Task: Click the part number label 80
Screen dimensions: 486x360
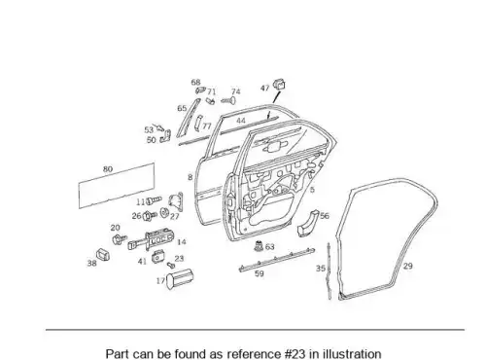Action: [108, 169]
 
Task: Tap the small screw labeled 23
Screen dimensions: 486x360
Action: [171, 266]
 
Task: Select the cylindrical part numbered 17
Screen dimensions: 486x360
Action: [180, 278]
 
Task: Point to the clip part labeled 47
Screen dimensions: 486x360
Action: [279, 84]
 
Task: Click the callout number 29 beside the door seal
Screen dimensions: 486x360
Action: [408, 266]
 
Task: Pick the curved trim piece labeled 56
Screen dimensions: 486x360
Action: [307, 223]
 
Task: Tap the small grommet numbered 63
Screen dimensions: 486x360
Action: [259, 246]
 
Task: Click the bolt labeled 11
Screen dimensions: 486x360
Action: [154, 200]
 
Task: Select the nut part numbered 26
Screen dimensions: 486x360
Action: [150, 215]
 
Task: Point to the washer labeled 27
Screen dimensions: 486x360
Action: [164, 212]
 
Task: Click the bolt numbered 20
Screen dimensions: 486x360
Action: [120, 239]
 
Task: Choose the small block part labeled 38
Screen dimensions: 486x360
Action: [103, 255]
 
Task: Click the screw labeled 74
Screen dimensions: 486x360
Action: [228, 101]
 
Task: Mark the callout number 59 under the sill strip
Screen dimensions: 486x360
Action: [260, 273]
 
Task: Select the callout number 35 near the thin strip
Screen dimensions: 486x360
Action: [321, 269]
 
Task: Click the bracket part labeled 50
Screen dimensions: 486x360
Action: [165, 136]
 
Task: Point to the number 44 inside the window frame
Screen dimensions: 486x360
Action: [241, 121]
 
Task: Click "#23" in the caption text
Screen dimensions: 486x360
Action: [294, 353]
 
